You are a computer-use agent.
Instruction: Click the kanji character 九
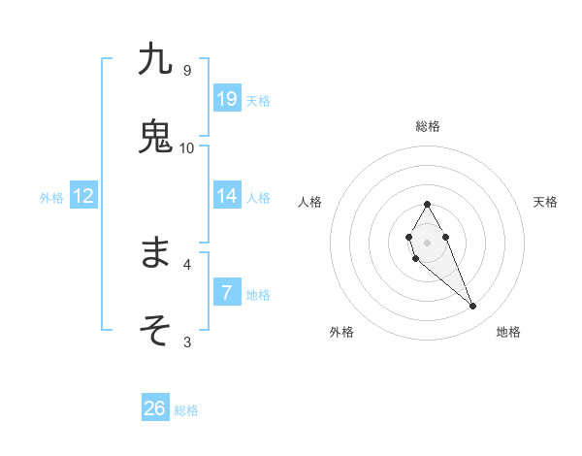click(155, 59)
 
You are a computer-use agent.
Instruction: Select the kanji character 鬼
click(155, 136)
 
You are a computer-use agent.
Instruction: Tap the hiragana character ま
click(155, 253)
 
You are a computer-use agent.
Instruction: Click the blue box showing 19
click(227, 98)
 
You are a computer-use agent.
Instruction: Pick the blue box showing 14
click(227, 196)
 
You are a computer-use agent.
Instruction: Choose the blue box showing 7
click(227, 292)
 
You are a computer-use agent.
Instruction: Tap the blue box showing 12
click(83, 196)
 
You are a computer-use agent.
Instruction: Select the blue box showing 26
click(155, 408)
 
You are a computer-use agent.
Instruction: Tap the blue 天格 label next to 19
click(258, 100)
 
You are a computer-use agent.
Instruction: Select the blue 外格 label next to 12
click(51, 198)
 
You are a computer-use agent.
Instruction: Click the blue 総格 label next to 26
click(186, 410)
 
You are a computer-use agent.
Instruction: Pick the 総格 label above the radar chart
click(427, 126)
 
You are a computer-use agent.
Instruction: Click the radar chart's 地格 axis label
click(508, 332)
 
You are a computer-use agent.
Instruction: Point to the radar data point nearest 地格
click(472, 307)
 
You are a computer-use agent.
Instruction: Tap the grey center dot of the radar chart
click(427, 241)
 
